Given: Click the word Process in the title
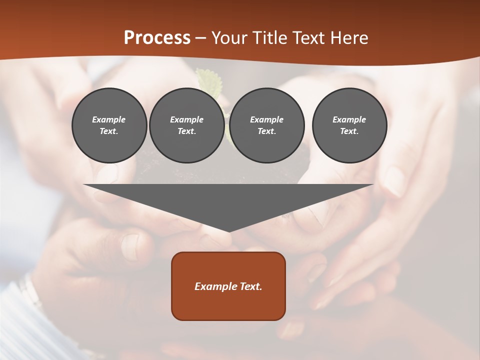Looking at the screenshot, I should point(157,38).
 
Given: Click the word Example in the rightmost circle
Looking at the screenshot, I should point(349,119).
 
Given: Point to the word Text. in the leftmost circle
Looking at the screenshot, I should point(109,131).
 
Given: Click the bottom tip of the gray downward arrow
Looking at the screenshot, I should point(229,230).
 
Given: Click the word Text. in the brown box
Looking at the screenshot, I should point(251,286).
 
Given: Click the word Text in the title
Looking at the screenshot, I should point(306,38).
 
